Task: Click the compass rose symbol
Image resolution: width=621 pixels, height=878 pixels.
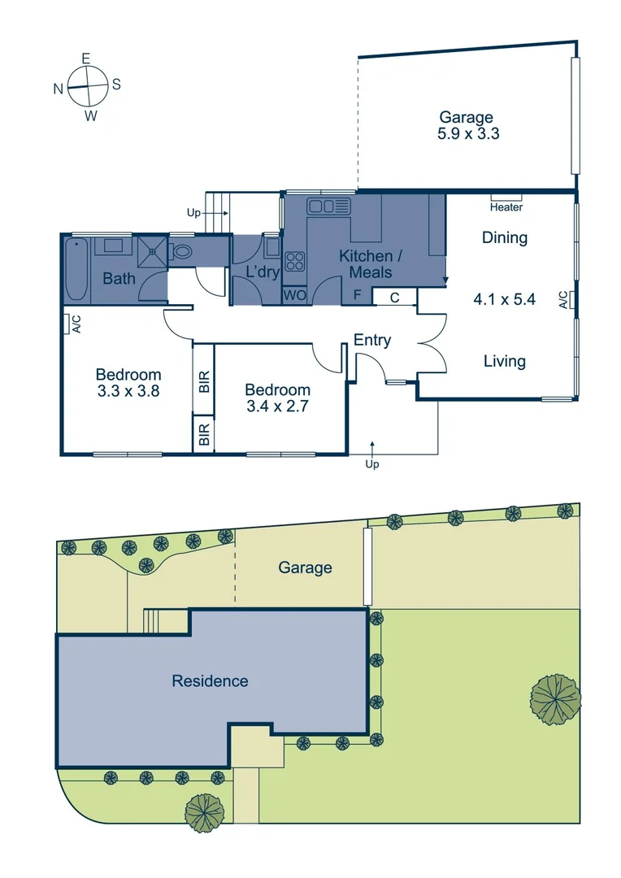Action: click(x=88, y=85)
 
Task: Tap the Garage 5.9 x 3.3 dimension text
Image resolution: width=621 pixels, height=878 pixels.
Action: click(x=467, y=126)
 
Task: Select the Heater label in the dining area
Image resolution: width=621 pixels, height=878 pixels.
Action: click(x=506, y=207)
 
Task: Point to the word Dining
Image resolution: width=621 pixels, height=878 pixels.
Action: click(x=505, y=238)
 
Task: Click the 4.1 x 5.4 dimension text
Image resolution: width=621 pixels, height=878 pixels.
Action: click(x=504, y=299)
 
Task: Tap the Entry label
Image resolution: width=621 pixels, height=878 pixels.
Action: click(x=372, y=341)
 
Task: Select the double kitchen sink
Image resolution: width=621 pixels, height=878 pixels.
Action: click(x=321, y=206)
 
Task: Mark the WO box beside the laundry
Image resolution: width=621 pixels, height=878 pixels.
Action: click(x=294, y=296)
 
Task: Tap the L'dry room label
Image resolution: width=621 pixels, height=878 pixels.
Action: click(x=257, y=272)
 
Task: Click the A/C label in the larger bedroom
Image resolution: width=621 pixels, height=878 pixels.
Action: click(x=76, y=324)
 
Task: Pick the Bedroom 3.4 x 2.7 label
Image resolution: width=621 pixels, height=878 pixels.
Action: click(x=277, y=398)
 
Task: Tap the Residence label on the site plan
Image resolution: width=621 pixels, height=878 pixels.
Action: click(x=210, y=681)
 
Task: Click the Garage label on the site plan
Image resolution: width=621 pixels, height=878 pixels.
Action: click(x=305, y=567)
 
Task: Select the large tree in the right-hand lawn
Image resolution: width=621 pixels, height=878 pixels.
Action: click(x=557, y=698)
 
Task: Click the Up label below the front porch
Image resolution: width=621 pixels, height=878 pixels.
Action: click(x=372, y=464)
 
